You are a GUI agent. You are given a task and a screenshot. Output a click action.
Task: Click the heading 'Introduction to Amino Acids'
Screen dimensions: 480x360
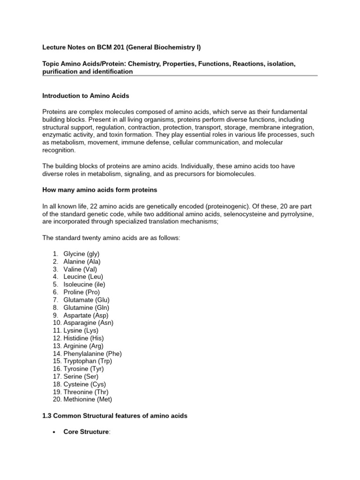click(86, 96)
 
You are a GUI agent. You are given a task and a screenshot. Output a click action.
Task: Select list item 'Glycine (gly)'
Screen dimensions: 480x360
click(81, 254)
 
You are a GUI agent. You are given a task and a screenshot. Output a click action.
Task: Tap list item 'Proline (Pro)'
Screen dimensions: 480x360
click(81, 292)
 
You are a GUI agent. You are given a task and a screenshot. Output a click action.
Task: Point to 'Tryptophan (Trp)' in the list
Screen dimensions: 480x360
click(88, 361)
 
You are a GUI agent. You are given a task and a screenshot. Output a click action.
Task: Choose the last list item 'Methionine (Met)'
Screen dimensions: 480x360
click(88, 399)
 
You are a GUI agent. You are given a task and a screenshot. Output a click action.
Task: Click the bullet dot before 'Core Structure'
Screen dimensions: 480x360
click(55, 432)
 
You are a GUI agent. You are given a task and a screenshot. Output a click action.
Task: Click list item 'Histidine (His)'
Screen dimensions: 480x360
click(83, 338)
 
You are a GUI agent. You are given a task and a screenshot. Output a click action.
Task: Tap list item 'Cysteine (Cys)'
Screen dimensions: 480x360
click(83, 384)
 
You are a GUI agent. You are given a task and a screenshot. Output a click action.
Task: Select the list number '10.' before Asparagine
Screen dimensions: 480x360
click(57, 322)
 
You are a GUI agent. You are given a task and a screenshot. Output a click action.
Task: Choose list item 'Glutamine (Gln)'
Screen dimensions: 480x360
click(86, 307)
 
